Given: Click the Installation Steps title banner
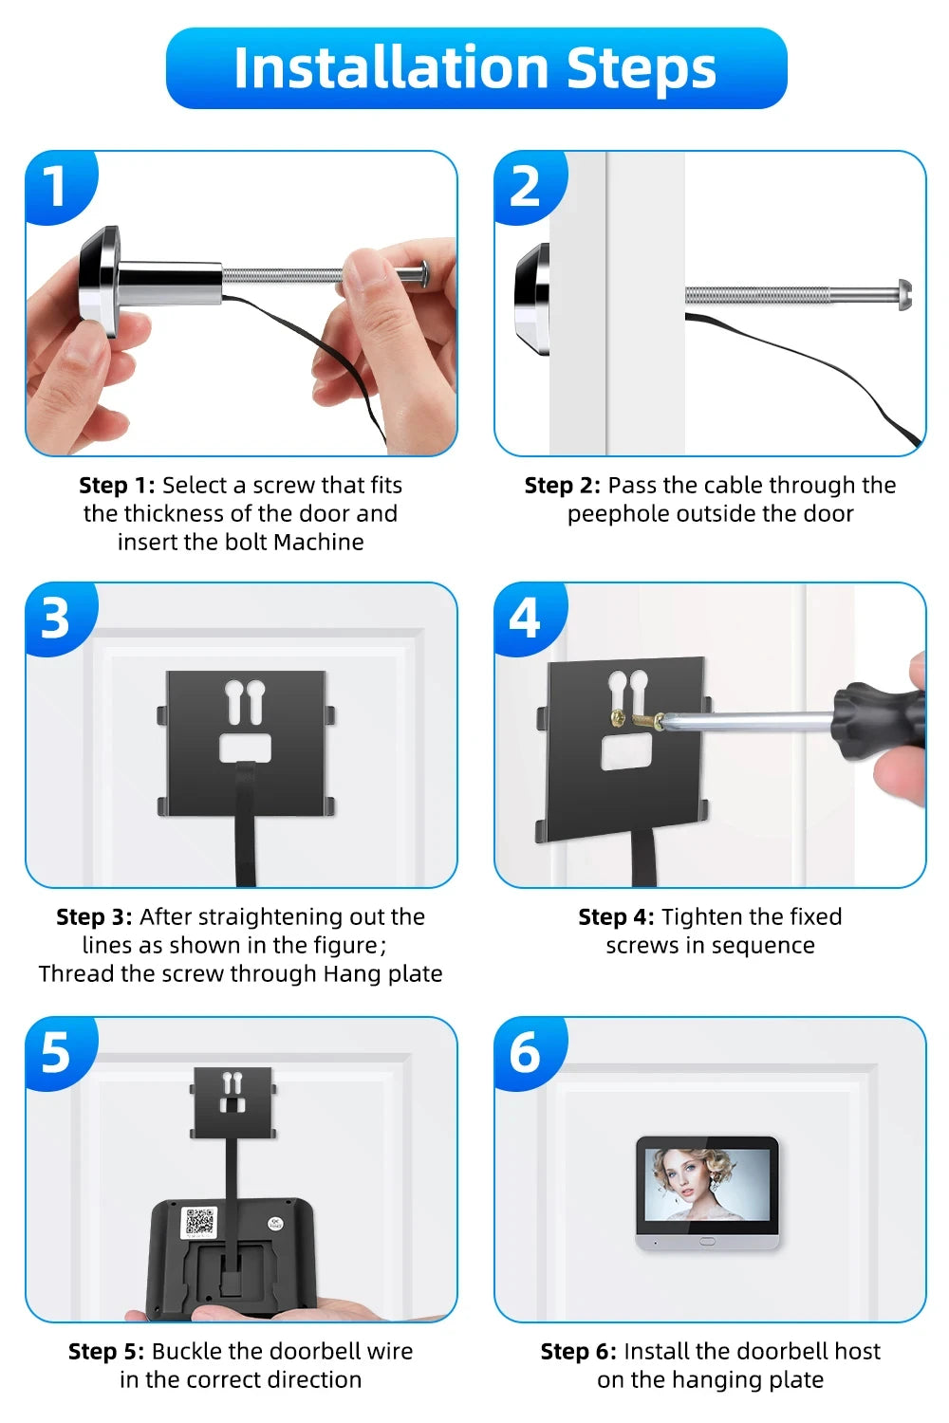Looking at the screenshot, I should (475, 68).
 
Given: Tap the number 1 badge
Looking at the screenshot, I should (56, 186).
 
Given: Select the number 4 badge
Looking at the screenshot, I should (525, 618).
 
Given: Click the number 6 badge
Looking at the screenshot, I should (525, 1052).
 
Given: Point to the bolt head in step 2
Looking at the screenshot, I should (903, 294).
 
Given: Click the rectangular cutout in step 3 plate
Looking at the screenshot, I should (246, 748).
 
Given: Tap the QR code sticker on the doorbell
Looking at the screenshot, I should (199, 1222).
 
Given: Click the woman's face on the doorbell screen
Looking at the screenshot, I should (686, 1176).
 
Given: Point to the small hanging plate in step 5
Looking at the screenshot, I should (233, 1101).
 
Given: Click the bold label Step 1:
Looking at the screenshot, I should (117, 486).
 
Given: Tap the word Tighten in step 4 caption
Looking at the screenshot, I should (703, 917).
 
